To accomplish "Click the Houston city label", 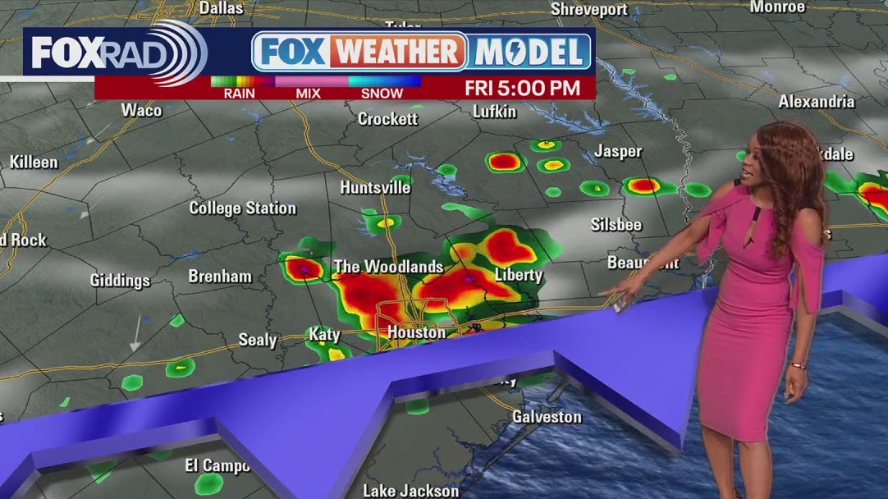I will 416,332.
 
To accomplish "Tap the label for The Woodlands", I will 388,267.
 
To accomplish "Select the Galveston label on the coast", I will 547,416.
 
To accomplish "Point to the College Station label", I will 242,208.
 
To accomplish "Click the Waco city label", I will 141,110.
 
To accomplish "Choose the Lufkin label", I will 494,112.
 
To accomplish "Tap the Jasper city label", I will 618,151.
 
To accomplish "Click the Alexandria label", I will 816,102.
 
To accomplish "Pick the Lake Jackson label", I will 411,491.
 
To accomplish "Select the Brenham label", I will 220,277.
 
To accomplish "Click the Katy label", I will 324,334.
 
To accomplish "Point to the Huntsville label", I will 375,187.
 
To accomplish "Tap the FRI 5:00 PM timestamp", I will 522,87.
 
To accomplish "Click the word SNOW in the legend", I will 382,93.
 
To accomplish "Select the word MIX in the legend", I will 308,93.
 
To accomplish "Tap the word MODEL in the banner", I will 532,53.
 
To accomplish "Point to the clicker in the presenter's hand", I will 620,305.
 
